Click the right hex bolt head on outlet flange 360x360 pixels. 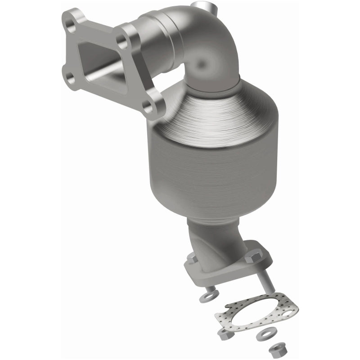click(253, 256)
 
